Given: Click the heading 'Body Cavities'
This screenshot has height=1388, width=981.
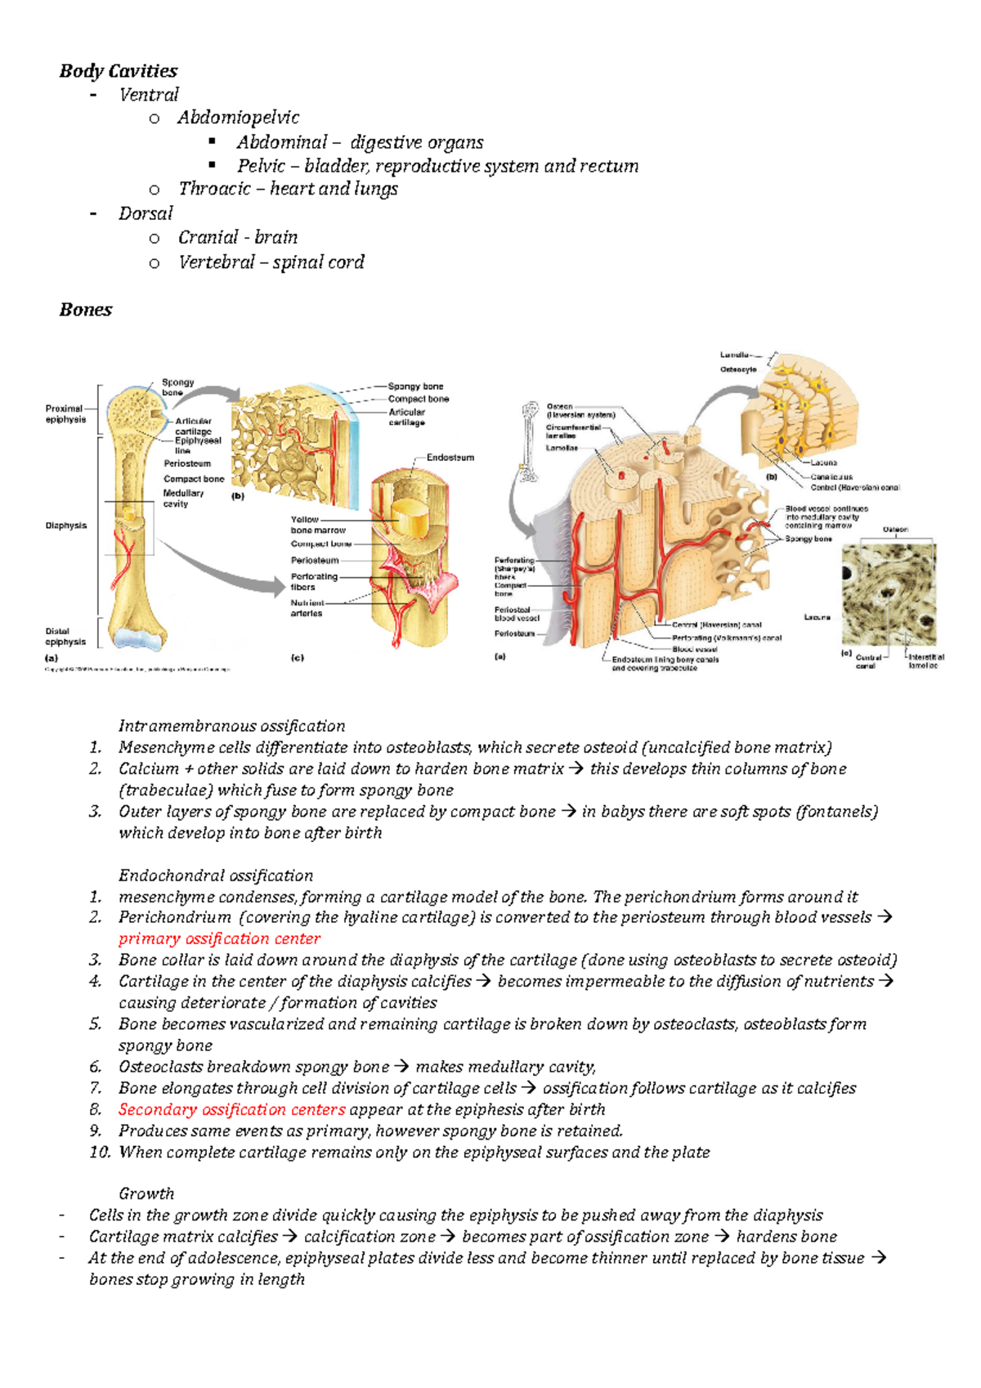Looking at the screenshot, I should [118, 71].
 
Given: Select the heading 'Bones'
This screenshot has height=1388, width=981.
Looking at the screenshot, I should [85, 310].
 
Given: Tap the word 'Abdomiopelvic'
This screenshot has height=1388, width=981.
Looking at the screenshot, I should [238, 118].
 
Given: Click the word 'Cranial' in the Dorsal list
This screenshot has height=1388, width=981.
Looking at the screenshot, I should [208, 238].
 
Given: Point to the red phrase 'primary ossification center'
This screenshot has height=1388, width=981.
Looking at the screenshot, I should [219, 939].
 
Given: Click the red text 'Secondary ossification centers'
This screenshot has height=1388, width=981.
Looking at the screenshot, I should [231, 1110].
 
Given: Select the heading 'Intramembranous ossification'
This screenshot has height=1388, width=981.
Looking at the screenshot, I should [231, 726].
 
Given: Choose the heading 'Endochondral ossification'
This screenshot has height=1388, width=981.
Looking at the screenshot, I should [216, 875].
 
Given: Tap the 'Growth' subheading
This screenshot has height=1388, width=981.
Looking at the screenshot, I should [146, 1194].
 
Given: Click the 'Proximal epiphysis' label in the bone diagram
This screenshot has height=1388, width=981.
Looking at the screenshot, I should [65, 414].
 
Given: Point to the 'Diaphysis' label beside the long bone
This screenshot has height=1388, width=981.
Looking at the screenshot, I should [65, 526].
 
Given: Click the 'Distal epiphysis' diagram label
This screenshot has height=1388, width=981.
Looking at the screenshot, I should [65, 637].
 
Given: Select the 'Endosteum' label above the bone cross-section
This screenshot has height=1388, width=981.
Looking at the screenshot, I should [450, 458].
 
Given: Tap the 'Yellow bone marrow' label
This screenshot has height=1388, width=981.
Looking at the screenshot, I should [317, 525].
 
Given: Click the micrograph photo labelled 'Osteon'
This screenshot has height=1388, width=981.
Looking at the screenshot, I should [889, 594].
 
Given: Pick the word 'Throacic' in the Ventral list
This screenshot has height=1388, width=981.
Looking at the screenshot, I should [214, 190].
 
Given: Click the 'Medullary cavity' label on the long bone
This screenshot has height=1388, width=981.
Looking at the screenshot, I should [182, 499].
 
